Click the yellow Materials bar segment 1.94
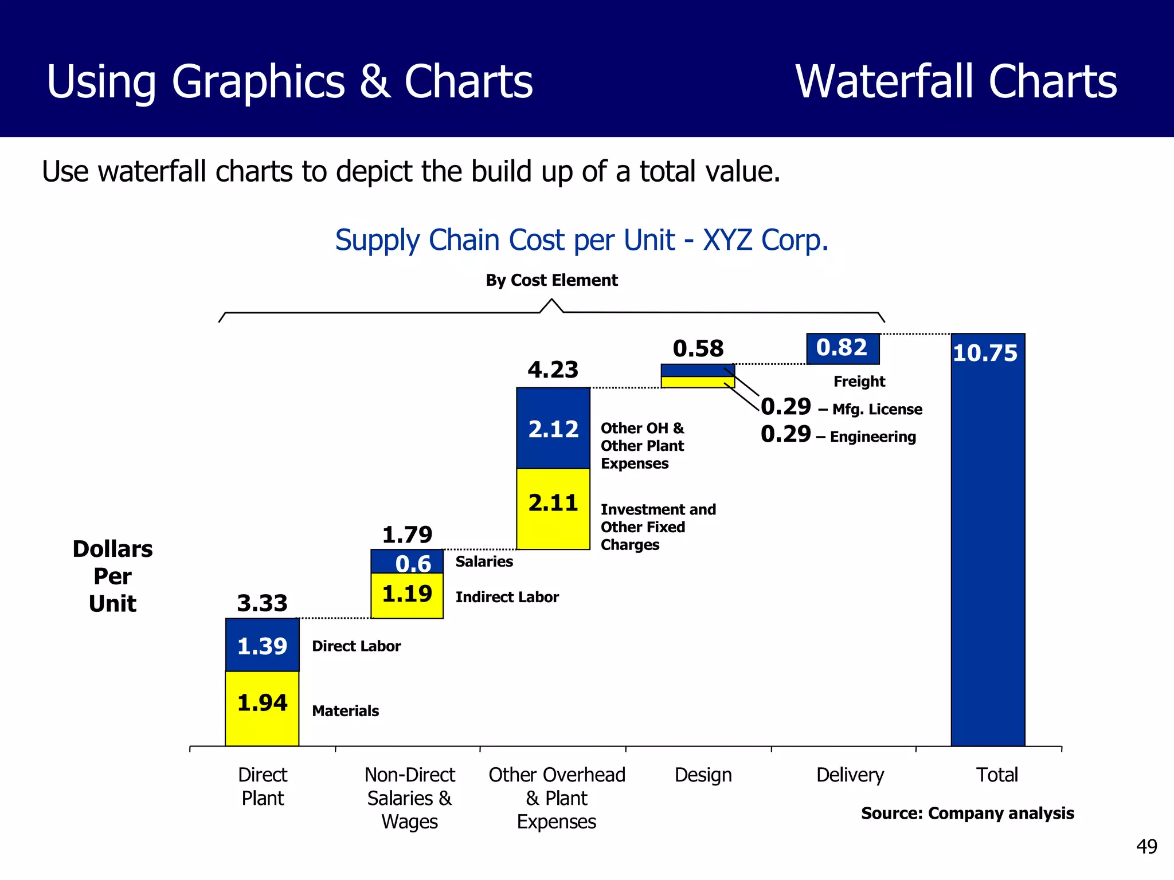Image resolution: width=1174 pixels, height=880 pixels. click(262, 708)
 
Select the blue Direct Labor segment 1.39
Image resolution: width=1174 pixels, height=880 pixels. click(262, 645)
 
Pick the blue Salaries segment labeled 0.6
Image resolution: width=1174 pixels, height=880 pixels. click(407, 562)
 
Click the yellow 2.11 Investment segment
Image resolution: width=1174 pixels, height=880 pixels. click(553, 509)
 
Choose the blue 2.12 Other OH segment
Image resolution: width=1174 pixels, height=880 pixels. click(553, 429)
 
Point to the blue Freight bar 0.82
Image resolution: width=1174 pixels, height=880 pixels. click(843, 348)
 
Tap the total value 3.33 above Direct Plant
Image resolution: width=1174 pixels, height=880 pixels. click(262, 603)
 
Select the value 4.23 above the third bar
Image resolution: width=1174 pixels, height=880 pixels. click(553, 370)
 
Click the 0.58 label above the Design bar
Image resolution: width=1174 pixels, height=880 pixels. click(698, 349)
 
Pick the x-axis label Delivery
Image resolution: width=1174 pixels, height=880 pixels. click(850, 775)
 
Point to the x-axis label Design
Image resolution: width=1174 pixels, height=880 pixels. click(703, 775)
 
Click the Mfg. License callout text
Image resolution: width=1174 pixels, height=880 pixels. click(877, 410)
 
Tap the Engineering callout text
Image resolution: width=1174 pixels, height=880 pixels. click(872, 437)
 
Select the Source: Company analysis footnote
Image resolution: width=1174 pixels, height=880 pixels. click(968, 814)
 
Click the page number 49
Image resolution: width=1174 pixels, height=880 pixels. click(1146, 847)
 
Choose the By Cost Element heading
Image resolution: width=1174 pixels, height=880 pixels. click(551, 281)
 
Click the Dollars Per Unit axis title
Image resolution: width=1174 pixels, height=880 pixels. click(112, 576)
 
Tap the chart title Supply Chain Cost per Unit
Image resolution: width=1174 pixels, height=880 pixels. click(582, 241)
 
